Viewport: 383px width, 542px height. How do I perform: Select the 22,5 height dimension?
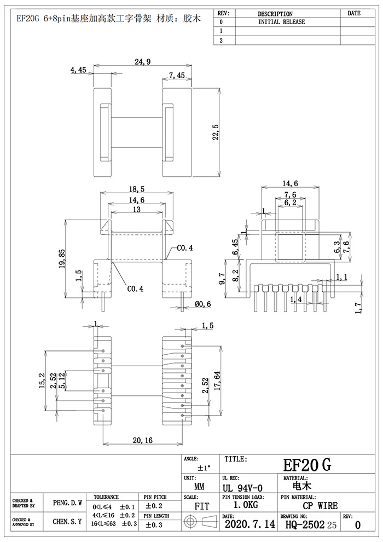[x=215, y=133]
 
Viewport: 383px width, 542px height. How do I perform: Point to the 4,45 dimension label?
[x=78, y=70]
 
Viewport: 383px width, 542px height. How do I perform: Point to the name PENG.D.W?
[x=68, y=502]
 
